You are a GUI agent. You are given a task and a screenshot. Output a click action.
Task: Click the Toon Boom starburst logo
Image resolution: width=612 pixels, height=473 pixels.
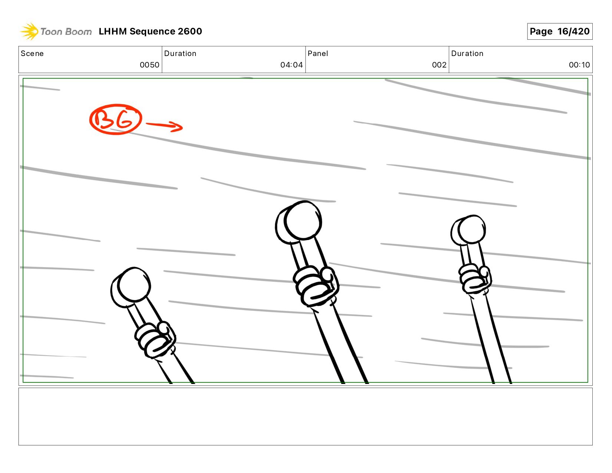click(x=29, y=31)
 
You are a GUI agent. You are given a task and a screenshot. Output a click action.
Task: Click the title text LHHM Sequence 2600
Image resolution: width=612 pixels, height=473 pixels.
click(x=150, y=31)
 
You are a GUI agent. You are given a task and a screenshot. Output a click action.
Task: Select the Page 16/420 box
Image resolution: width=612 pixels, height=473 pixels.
click(x=560, y=31)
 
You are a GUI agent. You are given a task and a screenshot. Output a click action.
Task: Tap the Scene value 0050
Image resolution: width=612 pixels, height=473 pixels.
click(x=149, y=65)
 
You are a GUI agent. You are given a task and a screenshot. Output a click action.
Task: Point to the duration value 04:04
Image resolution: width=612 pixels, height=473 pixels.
click(x=292, y=65)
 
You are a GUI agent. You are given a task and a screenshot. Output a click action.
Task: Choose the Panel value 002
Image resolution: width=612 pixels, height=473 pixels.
click(x=440, y=65)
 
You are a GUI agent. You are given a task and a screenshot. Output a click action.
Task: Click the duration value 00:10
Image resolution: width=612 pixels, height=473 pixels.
click(x=579, y=65)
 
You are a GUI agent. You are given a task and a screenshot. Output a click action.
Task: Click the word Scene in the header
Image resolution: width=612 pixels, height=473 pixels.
click(x=32, y=53)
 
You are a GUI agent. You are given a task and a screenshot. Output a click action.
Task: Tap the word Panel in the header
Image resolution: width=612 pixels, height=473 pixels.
click(x=318, y=53)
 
